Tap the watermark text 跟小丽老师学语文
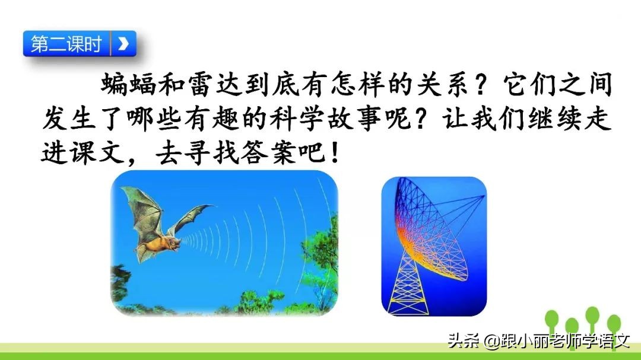[563, 341]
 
